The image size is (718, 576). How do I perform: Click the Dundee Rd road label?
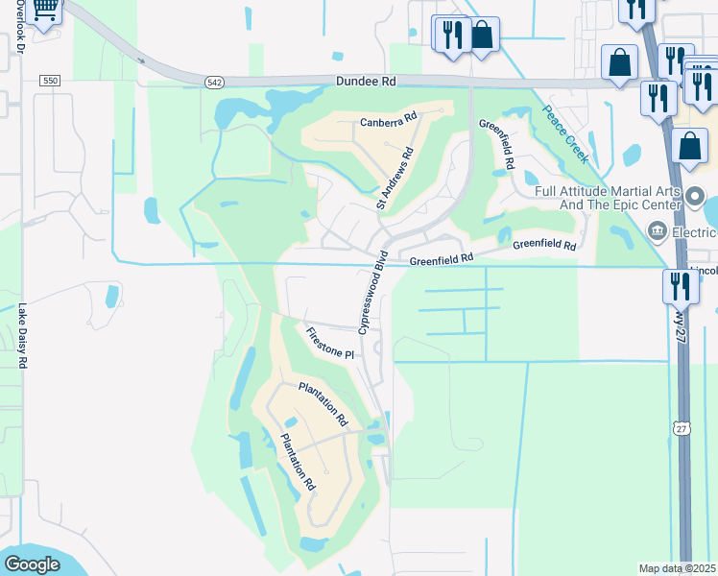click(x=366, y=83)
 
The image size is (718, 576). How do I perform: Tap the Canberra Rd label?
click(x=389, y=120)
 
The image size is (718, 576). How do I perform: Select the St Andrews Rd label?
click(x=395, y=178)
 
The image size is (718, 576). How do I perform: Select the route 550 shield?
click(x=50, y=81)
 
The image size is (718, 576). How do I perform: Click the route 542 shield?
click(x=214, y=84)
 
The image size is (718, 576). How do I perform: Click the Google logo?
click(x=32, y=564)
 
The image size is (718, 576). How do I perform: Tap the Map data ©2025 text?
click(x=677, y=568)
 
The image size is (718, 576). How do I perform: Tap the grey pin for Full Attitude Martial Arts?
click(x=697, y=193)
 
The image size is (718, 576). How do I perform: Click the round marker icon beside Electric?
click(x=658, y=230)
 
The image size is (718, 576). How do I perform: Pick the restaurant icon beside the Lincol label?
click(x=680, y=286)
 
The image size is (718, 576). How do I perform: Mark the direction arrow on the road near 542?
click(x=142, y=60)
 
